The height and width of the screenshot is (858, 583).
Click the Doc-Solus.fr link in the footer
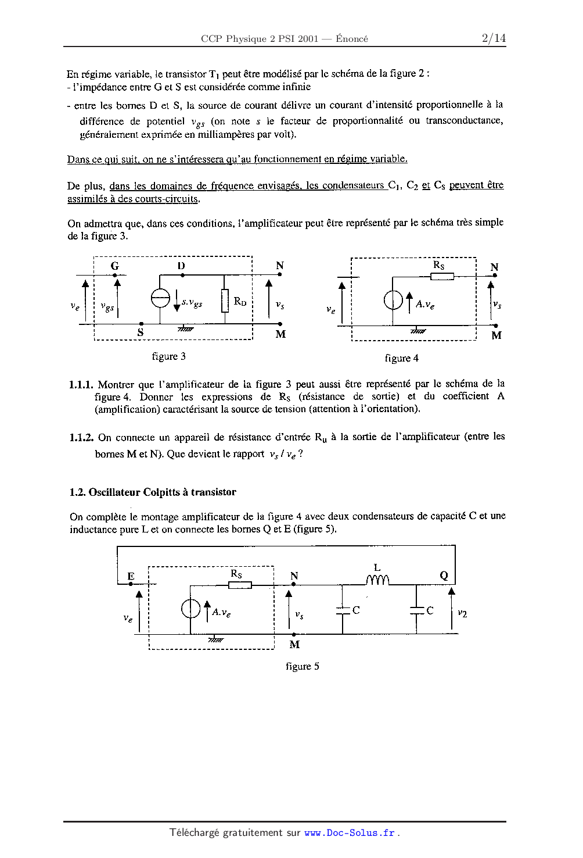coord(350,832)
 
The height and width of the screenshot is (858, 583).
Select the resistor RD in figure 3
coord(225,301)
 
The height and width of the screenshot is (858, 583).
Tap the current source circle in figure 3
coord(160,298)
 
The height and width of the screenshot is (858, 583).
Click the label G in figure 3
coord(115,266)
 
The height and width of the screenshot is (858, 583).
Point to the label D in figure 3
coord(181,266)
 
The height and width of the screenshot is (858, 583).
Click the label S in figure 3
coord(141,333)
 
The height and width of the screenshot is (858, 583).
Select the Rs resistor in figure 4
coord(442,276)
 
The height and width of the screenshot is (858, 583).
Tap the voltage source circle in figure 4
coord(393,300)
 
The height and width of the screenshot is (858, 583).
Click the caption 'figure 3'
coord(168,356)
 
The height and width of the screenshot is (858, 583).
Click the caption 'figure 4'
coord(401,358)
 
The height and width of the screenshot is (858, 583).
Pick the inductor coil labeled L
coord(377,580)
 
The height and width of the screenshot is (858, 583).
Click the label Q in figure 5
coord(444,575)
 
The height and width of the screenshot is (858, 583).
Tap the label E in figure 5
coord(131,576)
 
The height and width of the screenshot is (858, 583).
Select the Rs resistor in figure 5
coord(240,585)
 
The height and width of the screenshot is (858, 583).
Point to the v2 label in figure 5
coord(462,613)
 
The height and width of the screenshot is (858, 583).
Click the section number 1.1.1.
coord(81,385)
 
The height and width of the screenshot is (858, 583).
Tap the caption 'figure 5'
coord(302,666)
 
